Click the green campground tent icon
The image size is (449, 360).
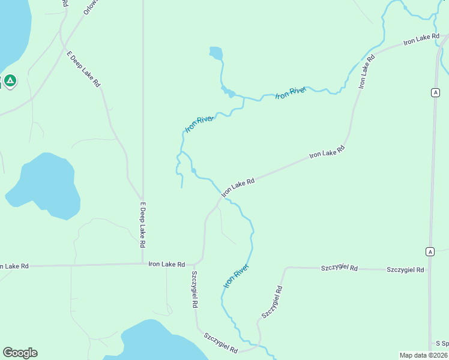10,80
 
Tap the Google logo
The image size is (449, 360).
20,353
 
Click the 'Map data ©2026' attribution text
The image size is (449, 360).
423,355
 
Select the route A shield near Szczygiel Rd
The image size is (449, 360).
430,251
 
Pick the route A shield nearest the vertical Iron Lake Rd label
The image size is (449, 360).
434,92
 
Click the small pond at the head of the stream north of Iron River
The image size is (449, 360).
215,54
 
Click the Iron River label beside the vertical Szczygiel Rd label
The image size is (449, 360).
237,275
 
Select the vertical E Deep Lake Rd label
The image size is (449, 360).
143,226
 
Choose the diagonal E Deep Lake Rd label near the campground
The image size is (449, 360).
83,70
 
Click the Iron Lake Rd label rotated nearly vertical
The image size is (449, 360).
367,71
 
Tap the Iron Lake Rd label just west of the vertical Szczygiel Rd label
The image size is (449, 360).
167,263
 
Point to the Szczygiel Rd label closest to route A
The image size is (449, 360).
406,269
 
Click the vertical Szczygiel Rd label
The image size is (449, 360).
194,290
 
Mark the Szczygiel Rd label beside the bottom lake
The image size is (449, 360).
221,343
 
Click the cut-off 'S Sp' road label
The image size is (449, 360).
442,343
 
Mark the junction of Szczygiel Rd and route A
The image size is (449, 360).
430,270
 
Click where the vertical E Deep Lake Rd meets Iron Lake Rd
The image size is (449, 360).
143,263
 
